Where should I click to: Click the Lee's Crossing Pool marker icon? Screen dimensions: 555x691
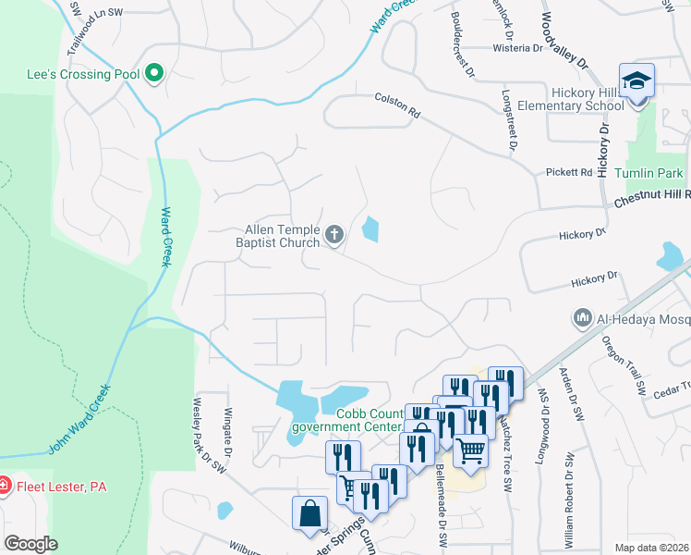click(x=154, y=73)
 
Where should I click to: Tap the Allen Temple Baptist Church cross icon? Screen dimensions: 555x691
click(x=334, y=236)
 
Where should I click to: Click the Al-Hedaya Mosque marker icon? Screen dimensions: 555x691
click(x=582, y=318)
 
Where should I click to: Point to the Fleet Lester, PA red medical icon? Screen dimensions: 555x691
click(x=5, y=484)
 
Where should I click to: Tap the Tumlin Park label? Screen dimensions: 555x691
click(x=657, y=174)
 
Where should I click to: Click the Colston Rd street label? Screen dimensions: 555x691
click(x=397, y=105)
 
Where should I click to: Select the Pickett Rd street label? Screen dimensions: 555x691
click(x=568, y=172)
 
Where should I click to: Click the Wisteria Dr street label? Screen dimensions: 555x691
click(x=517, y=47)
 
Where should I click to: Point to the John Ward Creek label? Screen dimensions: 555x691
click(x=79, y=419)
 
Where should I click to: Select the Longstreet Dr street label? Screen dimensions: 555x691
click(x=508, y=120)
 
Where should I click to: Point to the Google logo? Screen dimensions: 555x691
click(x=30, y=545)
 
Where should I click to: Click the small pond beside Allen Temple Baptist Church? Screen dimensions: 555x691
click(x=370, y=228)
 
